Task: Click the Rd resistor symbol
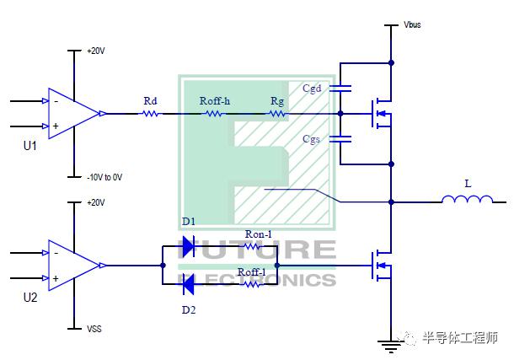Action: coord(151,114)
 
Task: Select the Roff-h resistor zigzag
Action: coord(214,114)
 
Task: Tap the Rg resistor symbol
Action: coord(277,114)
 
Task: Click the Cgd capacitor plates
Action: coord(340,89)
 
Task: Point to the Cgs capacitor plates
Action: coord(340,139)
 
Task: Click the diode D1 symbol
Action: coord(189,246)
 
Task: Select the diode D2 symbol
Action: coord(189,284)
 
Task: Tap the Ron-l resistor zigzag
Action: coord(253,246)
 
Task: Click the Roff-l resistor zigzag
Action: coord(253,284)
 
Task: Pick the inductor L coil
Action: coord(467,199)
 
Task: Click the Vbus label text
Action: coord(412,24)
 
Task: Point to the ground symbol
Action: coord(391,347)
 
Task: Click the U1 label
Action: coord(30,146)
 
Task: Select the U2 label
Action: coord(30,298)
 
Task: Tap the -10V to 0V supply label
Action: coord(104,177)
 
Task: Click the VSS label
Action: coord(94,329)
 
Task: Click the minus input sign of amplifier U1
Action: coord(56,102)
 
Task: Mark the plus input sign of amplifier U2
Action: coord(56,278)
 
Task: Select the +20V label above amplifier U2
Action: coord(96,202)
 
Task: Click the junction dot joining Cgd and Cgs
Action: coord(340,114)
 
